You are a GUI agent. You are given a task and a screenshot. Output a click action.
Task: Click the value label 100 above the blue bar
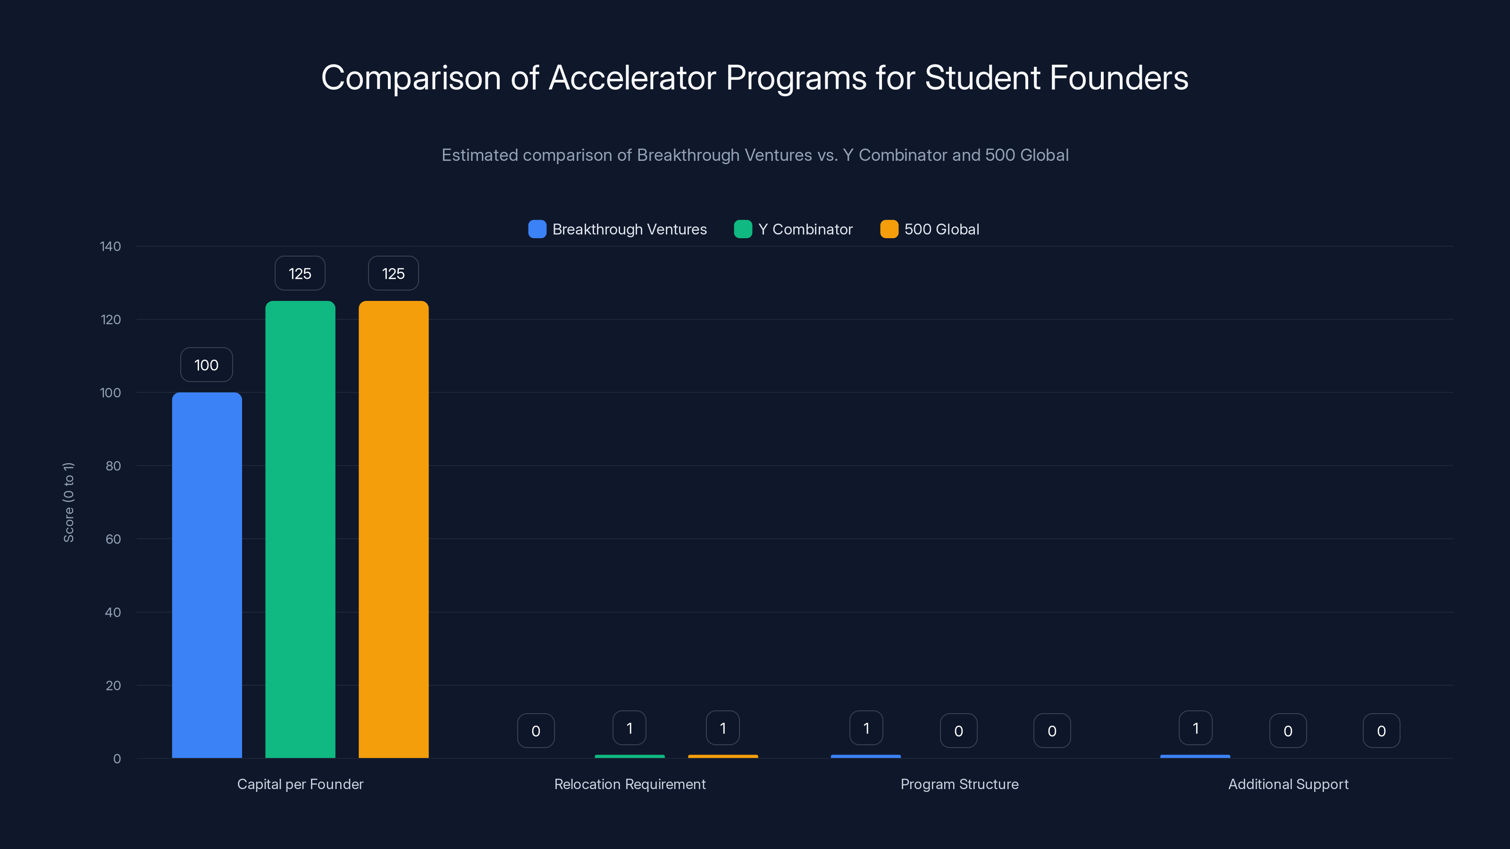tap(206, 365)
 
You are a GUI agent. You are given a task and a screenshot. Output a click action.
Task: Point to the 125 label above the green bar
tap(300, 274)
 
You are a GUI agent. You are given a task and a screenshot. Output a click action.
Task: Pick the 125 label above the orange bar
tap(394, 274)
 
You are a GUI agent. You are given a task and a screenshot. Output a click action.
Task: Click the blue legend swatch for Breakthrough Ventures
tap(537, 229)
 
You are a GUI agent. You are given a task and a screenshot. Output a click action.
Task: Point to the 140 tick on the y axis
tap(110, 247)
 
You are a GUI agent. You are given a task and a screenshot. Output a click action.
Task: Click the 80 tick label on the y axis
tap(113, 466)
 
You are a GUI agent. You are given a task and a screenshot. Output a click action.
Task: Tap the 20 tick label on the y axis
tap(113, 685)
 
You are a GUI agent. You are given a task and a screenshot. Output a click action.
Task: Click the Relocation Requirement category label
tap(629, 784)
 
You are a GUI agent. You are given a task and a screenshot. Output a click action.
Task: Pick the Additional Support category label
tap(1288, 784)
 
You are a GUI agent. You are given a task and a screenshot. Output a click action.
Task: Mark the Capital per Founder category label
tap(300, 784)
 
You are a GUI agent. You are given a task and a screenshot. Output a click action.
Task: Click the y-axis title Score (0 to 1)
tap(68, 502)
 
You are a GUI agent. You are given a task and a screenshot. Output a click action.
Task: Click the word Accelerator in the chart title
tap(632, 78)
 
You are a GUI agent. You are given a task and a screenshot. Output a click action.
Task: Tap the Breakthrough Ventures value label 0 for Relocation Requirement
tap(536, 731)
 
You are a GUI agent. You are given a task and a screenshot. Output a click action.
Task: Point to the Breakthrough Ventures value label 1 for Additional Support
tap(1195, 728)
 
